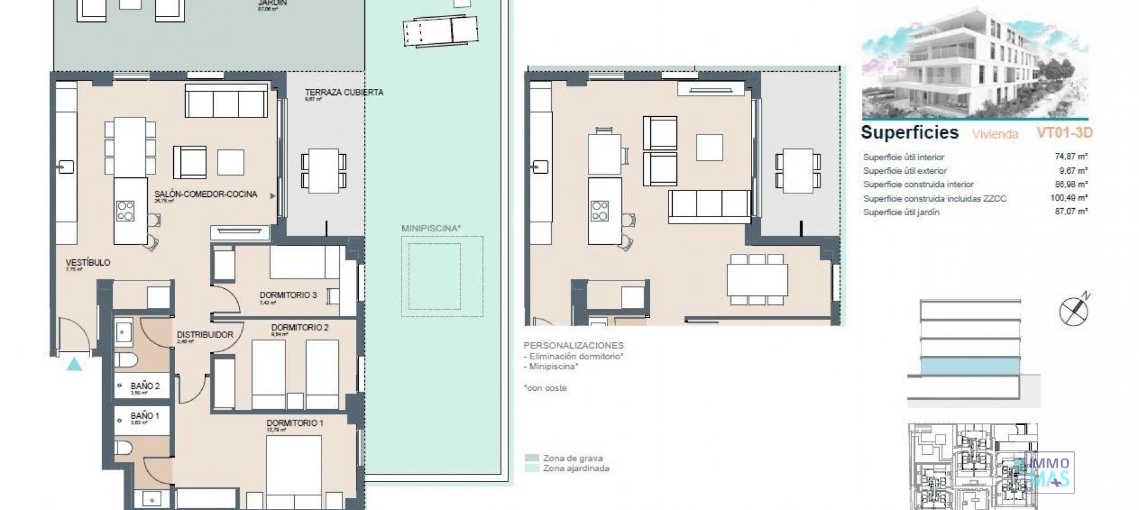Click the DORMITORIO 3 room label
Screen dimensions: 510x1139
click(x=288, y=295)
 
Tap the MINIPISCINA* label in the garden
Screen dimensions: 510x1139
click(x=431, y=228)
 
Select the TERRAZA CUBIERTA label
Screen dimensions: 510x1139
click(x=344, y=93)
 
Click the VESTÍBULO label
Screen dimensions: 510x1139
click(x=88, y=263)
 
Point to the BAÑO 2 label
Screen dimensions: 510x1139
click(x=145, y=386)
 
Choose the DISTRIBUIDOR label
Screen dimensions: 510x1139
click(x=205, y=334)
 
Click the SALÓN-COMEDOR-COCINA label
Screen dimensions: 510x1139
click(x=206, y=194)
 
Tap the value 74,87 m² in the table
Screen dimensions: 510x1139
click(x=1071, y=157)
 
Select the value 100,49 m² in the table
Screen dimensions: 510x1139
click(x=1068, y=198)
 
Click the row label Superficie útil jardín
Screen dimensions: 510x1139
click(x=901, y=212)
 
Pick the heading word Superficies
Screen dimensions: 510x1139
click(x=909, y=132)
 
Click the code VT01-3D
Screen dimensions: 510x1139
click(x=1064, y=133)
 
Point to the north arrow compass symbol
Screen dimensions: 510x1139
click(x=1074, y=311)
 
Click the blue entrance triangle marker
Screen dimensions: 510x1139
click(x=74, y=364)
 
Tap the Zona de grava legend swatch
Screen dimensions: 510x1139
click(x=532, y=458)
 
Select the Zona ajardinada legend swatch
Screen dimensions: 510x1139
click(x=532, y=468)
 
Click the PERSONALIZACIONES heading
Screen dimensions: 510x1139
click(x=573, y=345)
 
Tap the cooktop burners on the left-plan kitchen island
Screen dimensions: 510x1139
click(x=125, y=211)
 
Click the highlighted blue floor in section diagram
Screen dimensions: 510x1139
click(x=970, y=366)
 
